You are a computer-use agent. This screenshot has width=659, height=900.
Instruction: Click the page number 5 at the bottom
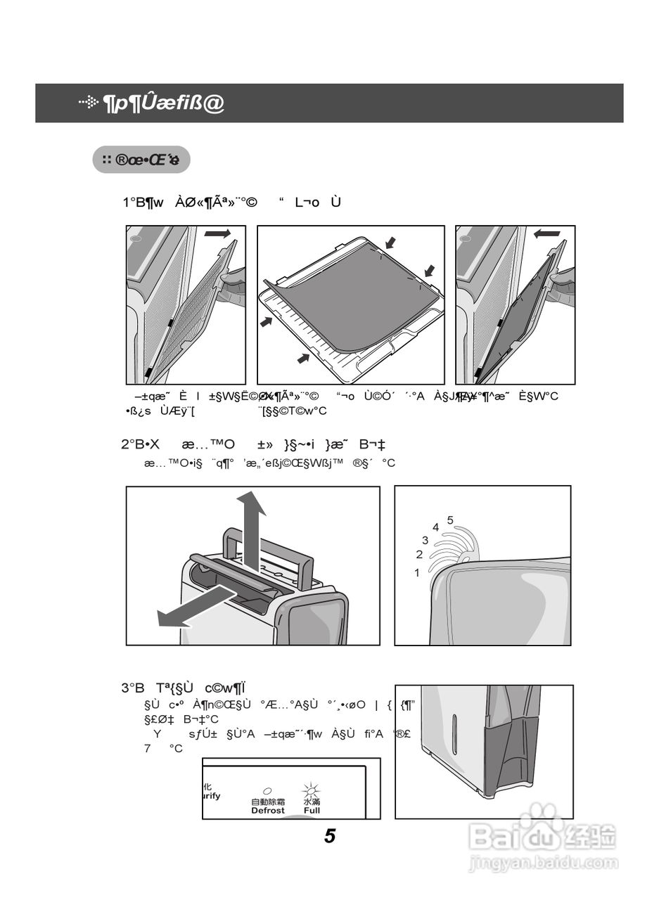pos(330,836)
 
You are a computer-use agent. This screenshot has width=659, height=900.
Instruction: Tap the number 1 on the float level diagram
pos(416,573)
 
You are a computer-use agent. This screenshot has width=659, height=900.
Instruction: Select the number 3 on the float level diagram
pos(425,540)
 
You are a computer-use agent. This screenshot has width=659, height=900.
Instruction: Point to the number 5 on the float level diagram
pos(450,520)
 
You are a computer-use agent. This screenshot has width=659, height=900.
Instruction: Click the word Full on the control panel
pos(312,811)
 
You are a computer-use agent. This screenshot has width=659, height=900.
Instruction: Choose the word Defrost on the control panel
pos(268,811)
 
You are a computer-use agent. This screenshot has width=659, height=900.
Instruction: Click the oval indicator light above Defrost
pos(267,791)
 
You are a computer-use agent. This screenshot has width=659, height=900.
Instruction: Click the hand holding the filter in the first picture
pos(231,285)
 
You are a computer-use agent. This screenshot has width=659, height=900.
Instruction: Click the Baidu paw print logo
pos(541,820)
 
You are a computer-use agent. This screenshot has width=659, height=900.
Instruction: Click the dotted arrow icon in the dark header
pos(89,103)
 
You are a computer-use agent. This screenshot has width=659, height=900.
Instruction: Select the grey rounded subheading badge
pos(141,160)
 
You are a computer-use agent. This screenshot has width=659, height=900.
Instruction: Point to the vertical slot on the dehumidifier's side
pos(454,732)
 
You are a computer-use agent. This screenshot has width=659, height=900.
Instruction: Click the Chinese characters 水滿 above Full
pos(312,802)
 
